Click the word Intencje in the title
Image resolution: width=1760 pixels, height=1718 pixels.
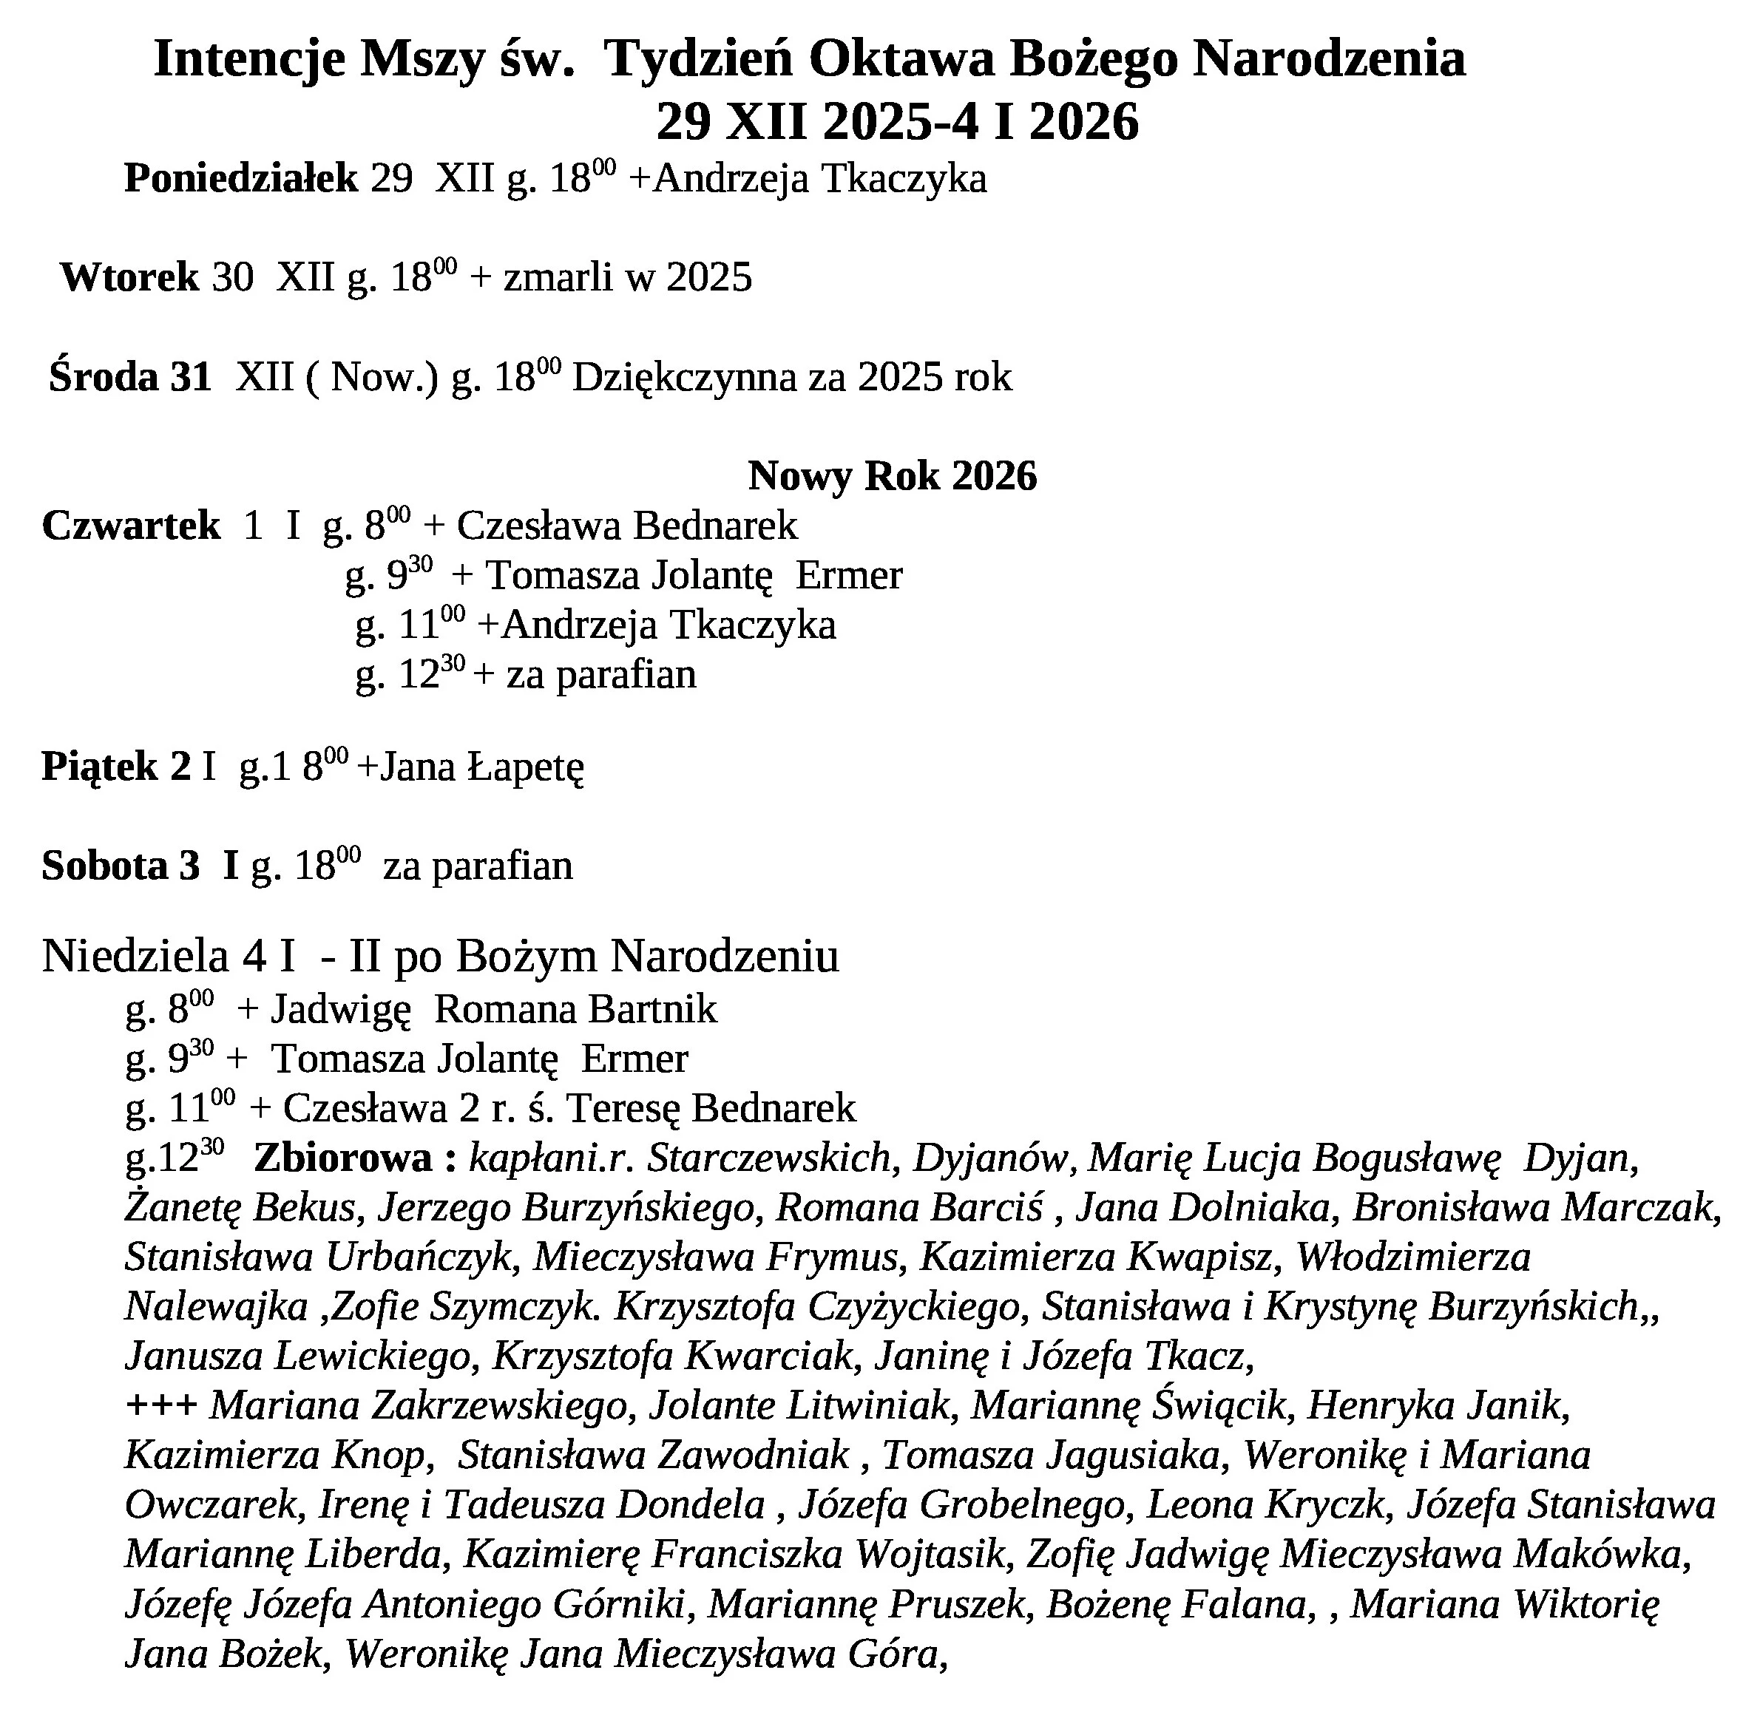click(x=249, y=60)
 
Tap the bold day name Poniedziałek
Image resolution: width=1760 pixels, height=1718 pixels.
click(x=241, y=179)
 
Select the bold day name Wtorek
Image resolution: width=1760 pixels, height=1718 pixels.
click(x=129, y=277)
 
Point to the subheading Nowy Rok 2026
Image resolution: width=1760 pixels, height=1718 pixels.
click(x=892, y=475)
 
